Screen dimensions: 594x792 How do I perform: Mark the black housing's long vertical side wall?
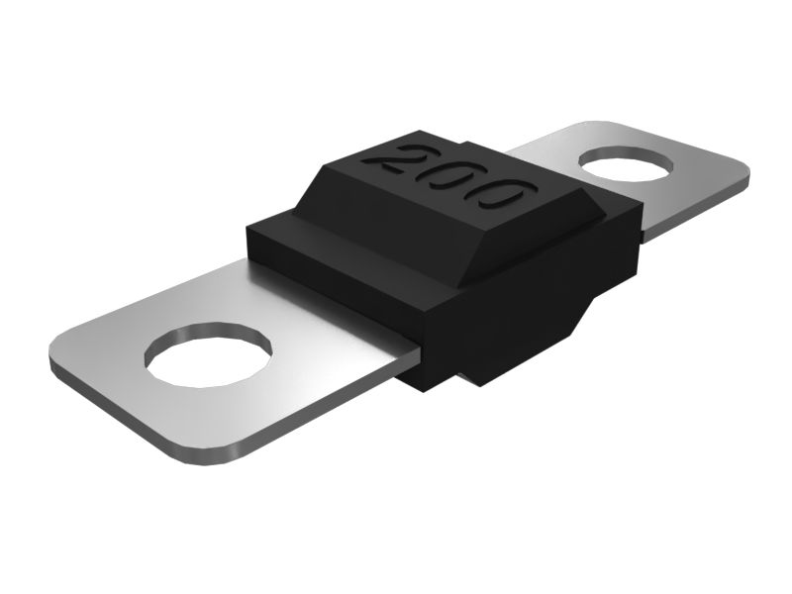click(535, 297)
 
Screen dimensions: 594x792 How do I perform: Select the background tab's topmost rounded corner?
click(594, 127)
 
